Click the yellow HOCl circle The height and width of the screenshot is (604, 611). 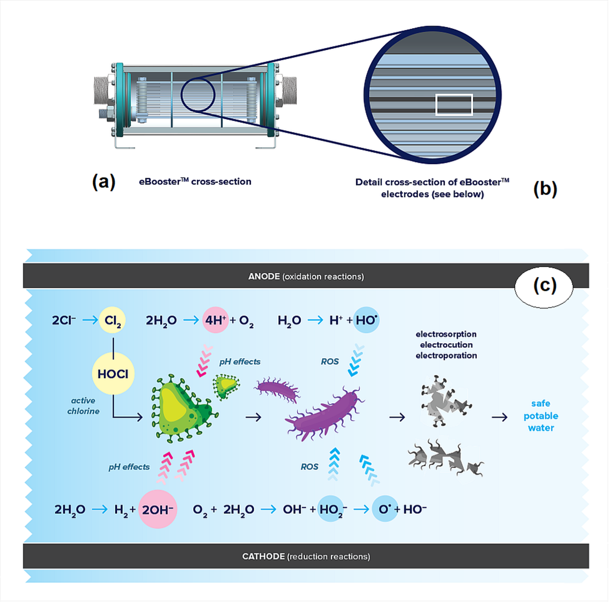point(113,374)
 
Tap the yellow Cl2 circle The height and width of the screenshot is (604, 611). point(112,320)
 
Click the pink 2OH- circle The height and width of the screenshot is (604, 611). point(157,509)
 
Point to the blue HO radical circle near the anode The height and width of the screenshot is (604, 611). point(366,320)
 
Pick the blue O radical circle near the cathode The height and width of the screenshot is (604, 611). point(384,509)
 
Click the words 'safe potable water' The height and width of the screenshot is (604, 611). point(541,415)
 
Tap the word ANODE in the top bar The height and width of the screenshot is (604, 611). point(264,276)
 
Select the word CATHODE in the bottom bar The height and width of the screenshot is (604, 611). point(263,556)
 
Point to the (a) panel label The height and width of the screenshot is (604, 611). point(104,182)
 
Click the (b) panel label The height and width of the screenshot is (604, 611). point(545,189)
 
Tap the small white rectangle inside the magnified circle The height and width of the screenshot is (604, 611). point(454,105)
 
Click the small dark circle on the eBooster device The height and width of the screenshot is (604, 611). point(198,95)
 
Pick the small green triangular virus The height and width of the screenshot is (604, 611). point(226,386)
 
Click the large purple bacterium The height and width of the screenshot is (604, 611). point(324,414)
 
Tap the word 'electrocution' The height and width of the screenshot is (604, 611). point(446,344)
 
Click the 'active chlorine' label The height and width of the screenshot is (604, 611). point(84,405)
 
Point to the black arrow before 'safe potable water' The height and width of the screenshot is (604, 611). point(499,417)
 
